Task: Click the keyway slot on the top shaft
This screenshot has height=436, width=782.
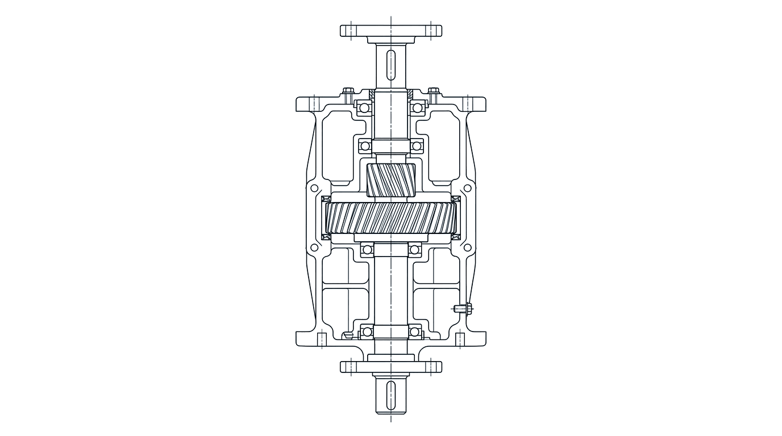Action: click(x=391, y=64)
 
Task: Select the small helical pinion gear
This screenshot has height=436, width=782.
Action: click(x=391, y=179)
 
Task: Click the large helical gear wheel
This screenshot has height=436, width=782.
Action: click(x=391, y=219)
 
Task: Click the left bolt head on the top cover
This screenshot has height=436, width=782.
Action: click(x=348, y=90)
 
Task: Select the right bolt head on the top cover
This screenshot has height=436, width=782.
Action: click(x=434, y=90)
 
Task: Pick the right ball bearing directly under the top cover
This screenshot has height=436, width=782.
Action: click(x=419, y=107)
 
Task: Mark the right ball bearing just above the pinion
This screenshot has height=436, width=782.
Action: click(x=418, y=146)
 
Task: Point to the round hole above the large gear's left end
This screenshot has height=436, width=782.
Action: click(x=314, y=188)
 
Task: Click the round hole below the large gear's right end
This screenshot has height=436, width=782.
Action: click(x=467, y=248)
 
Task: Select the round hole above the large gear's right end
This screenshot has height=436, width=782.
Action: click(x=467, y=188)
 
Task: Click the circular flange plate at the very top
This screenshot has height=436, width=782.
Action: click(x=391, y=31)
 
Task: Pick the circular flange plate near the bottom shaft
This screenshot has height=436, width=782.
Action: click(x=391, y=367)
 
